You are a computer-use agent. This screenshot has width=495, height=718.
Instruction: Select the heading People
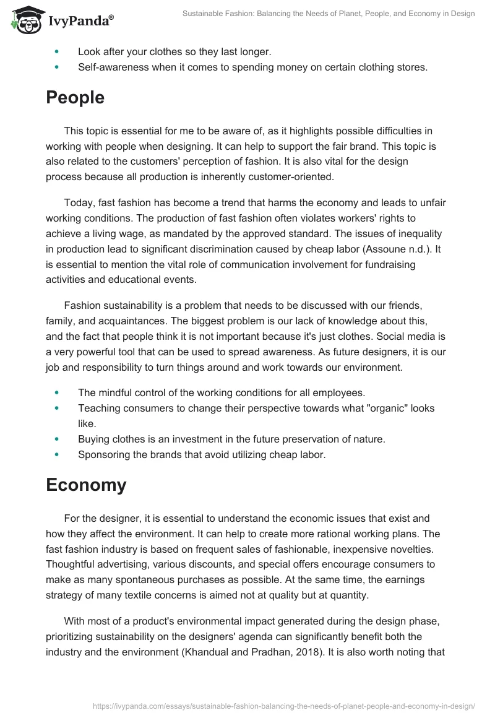point(75,98)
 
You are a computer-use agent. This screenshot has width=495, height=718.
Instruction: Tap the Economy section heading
point(86,485)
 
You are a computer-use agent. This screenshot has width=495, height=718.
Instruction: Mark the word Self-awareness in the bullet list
point(114,67)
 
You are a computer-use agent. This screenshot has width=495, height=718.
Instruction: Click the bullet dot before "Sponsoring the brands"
point(58,454)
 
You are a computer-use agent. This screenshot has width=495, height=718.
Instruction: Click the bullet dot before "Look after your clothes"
point(58,52)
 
